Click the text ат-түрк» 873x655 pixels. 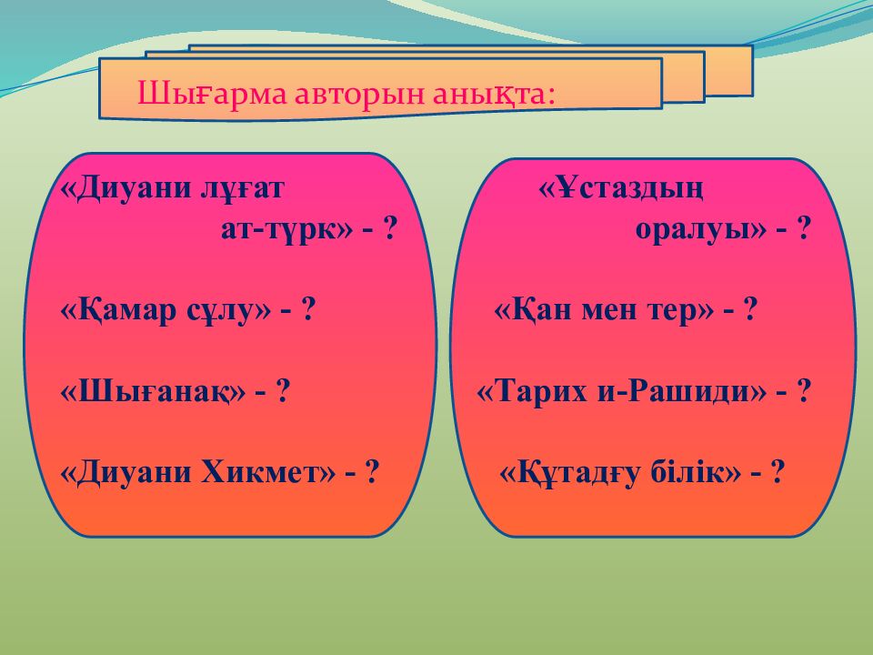tap(286, 229)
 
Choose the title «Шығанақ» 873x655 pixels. tap(154, 392)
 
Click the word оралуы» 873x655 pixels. tap(701, 229)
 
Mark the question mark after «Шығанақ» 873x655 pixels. tap(284, 392)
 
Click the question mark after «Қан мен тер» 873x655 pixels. tap(750, 310)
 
